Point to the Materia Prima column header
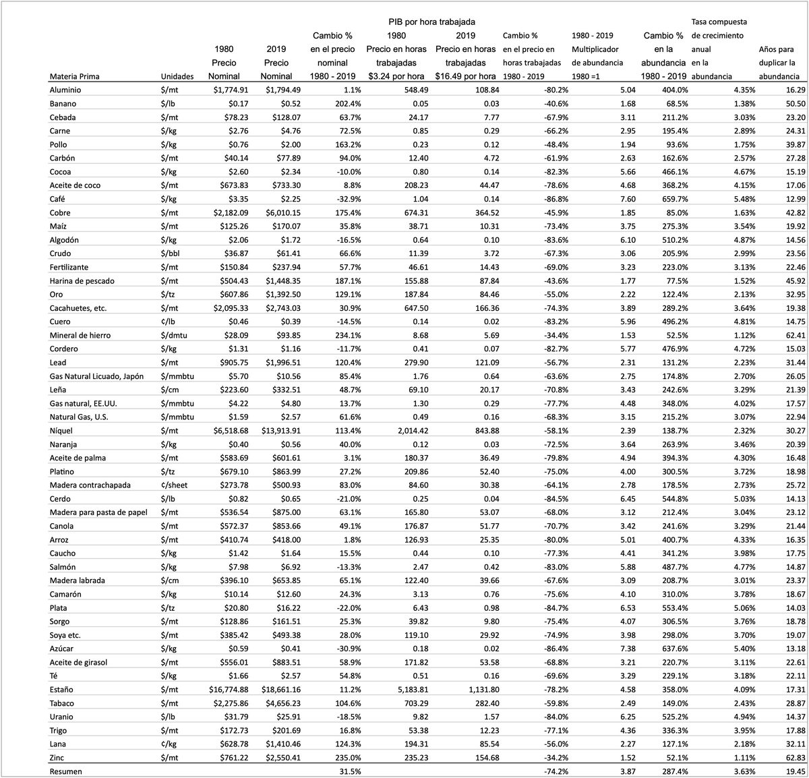(x=75, y=76)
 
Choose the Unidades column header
(x=177, y=76)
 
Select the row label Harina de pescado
(x=84, y=280)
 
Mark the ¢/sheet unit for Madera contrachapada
(x=177, y=485)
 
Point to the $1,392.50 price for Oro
(x=281, y=294)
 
